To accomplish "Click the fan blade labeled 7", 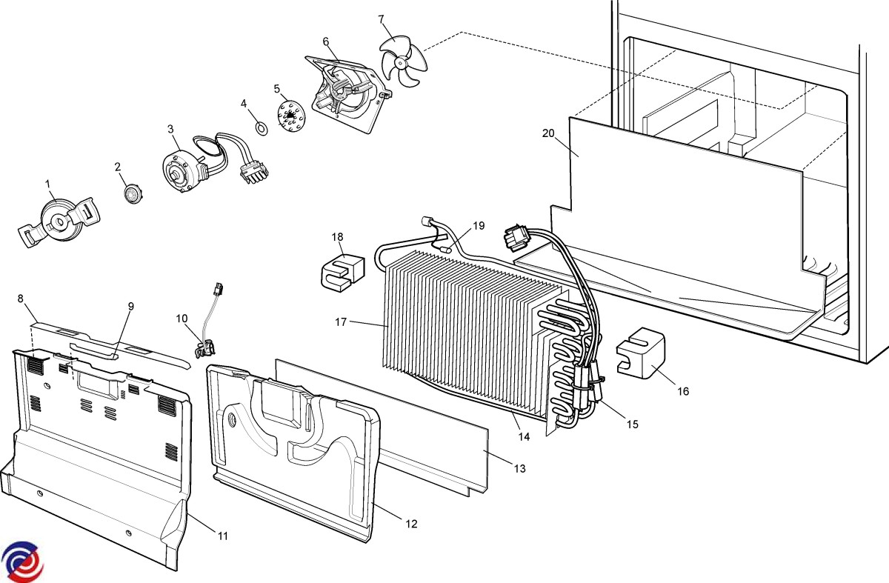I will click(403, 62).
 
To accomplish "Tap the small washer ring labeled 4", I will click(262, 128).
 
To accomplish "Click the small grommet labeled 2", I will click(132, 194).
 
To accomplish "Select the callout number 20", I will click(548, 133).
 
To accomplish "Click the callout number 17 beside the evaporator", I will click(341, 322).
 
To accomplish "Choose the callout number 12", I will click(411, 524).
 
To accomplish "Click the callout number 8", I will click(21, 299).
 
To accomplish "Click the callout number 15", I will click(632, 424).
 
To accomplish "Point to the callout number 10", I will click(182, 318).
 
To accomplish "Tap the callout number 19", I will click(479, 225).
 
